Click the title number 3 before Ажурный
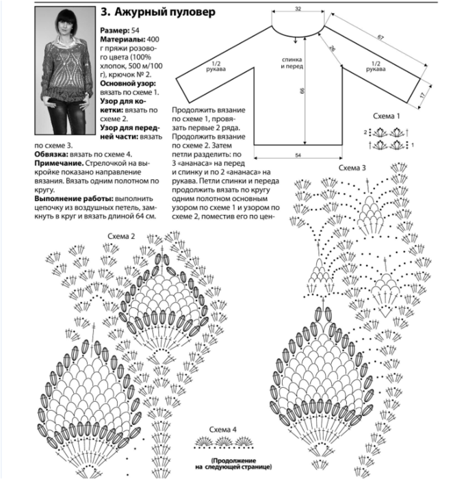(x=105, y=12)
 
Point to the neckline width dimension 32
(x=298, y=8)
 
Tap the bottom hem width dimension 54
(x=298, y=156)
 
